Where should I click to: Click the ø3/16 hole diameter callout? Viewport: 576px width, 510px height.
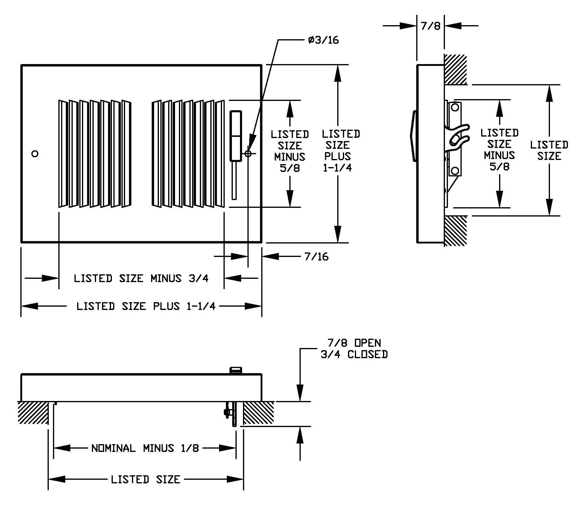(x=323, y=40)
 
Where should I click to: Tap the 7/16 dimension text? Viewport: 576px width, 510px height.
(x=317, y=257)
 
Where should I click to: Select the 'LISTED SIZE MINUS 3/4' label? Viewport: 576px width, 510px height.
(x=141, y=279)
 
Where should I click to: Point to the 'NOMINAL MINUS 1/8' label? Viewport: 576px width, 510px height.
(x=145, y=448)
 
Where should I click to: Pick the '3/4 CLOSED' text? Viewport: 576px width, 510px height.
(x=354, y=355)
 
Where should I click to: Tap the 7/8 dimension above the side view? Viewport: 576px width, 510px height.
(x=431, y=26)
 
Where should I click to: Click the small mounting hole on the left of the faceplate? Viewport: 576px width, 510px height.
(x=35, y=154)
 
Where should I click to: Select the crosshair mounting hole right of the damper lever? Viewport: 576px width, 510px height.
(x=248, y=154)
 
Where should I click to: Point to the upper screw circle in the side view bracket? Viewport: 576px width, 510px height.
(x=455, y=107)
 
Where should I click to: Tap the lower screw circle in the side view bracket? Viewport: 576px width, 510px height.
(x=455, y=171)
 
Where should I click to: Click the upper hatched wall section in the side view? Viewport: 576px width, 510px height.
(x=455, y=69)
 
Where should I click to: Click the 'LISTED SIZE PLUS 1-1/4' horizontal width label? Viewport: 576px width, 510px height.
(x=146, y=306)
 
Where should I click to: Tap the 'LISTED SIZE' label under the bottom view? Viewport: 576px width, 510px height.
(x=146, y=479)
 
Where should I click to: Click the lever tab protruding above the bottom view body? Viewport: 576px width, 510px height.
(x=235, y=370)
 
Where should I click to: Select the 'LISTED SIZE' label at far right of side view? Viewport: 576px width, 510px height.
(x=549, y=150)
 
